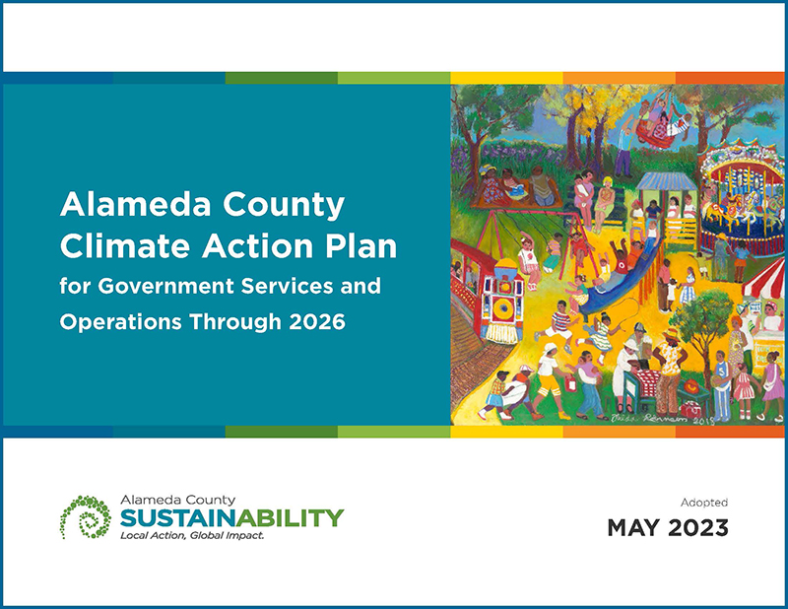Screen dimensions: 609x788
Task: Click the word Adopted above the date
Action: (704, 503)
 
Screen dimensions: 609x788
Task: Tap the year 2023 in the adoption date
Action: (696, 528)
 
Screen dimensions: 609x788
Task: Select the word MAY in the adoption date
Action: (632, 528)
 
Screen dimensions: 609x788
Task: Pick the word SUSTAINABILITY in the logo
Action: (231, 517)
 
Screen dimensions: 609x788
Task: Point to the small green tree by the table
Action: (706, 320)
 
